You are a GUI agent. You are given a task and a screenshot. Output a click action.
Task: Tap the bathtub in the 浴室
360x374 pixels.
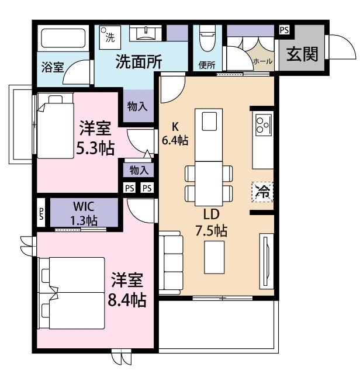[63, 39]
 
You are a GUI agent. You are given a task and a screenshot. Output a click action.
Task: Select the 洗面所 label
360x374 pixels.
[138, 62]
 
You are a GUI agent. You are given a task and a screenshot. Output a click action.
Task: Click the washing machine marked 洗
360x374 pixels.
[109, 34]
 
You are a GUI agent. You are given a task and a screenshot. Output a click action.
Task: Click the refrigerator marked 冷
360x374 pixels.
[263, 192]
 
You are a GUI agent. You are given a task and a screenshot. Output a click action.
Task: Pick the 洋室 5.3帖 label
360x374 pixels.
[96, 138]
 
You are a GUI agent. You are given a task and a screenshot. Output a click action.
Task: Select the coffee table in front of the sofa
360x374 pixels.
[214, 257]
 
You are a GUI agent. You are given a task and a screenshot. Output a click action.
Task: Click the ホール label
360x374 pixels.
[261, 61]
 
